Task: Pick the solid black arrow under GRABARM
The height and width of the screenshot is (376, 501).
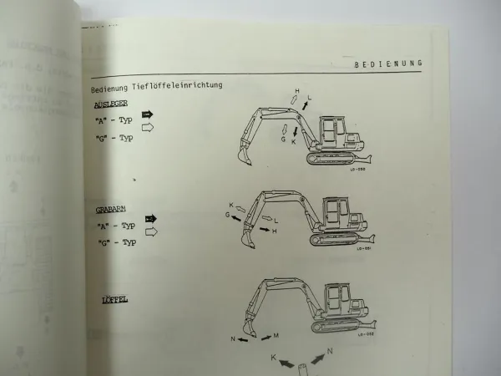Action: [x=150, y=219]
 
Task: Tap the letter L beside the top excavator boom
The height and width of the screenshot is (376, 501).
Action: [x=309, y=98]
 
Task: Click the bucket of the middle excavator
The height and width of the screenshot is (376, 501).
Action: [x=249, y=241]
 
